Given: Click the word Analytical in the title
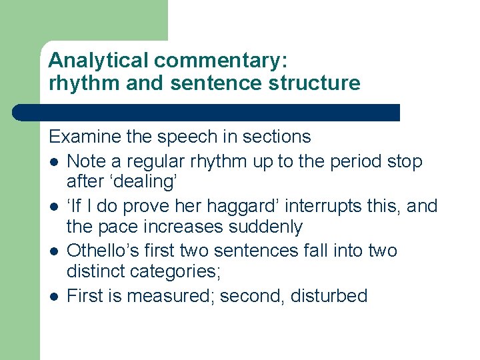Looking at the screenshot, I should point(99,61).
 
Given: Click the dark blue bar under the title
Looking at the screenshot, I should point(207,112).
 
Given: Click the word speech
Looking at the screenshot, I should point(188,137).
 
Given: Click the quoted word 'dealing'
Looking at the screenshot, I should point(144,182).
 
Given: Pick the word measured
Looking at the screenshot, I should point(168,295).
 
